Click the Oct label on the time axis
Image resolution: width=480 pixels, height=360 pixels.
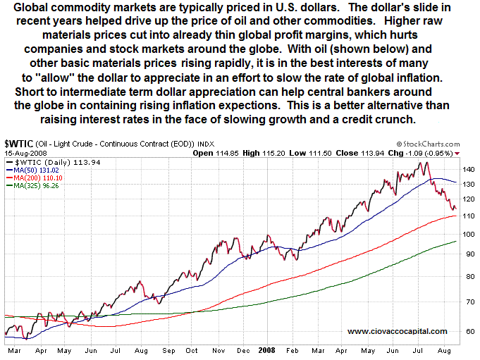click(191, 349)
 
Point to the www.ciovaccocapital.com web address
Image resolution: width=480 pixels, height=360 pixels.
click(397, 331)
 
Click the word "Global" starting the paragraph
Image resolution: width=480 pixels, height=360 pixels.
click(32, 7)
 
